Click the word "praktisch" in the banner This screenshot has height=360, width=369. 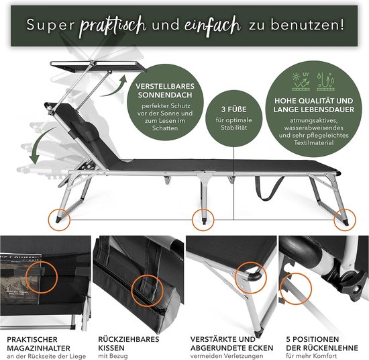coord(113,26)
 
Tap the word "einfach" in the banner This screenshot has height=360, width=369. coord(213,26)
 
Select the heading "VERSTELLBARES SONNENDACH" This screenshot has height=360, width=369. coord(165,91)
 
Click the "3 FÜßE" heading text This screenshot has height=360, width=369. coord(233,109)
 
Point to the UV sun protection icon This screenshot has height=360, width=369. coord(301,81)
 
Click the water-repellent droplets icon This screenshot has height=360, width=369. coord(325,81)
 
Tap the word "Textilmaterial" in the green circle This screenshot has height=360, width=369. coord(314,142)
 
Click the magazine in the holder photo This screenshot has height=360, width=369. coord(21,279)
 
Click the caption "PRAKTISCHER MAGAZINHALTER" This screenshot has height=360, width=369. coord(39,344)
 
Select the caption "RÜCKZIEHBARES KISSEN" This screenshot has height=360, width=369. coord(129,343)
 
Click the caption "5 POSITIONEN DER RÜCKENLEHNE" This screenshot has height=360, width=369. coord(322,343)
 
